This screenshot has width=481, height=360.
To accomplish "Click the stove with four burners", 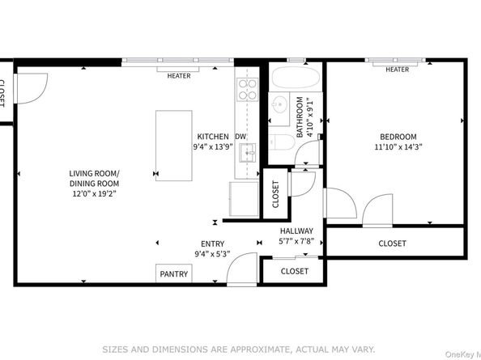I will [x=246, y=87].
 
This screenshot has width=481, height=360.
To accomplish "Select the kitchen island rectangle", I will [x=174, y=146].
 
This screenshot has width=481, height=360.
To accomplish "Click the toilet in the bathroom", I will [x=281, y=143].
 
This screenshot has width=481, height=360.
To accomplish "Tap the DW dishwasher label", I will [x=240, y=137].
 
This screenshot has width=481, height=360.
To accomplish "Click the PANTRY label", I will [x=173, y=274].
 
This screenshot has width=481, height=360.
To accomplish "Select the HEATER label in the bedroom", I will [x=397, y=70].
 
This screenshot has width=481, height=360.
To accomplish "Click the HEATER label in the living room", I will [x=179, y=77].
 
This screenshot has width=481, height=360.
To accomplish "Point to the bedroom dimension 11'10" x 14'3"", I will [x=397, y=148].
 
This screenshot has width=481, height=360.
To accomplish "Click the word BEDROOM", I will [x=397, y=137].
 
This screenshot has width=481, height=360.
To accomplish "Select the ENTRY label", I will [x=212, y=244].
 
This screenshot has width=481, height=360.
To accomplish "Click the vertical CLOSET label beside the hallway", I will [x=275, y=194].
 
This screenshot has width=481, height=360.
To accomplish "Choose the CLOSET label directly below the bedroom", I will [x=393, y=244].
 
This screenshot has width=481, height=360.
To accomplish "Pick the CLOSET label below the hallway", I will [x=295, y=272].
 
